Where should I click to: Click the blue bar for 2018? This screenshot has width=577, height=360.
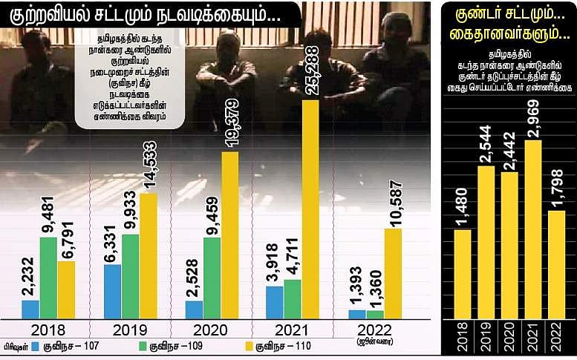30,310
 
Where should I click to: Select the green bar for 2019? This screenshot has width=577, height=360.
131,276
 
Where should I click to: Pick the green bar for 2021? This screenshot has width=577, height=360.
292,298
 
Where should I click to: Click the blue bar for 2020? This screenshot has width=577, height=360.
194,310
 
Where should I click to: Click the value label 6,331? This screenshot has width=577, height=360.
113,236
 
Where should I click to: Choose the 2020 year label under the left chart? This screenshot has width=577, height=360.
211,329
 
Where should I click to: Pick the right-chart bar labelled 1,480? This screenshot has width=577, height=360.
463,274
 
